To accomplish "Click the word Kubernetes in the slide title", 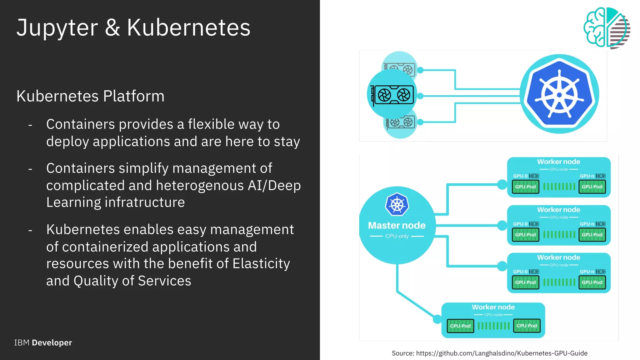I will (188, 27).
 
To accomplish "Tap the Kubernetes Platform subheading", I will (90, 96).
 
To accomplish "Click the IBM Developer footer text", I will (43, 342).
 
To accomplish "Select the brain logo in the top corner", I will (606, 28).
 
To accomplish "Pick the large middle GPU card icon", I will (393, 95).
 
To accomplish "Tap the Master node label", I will (397, 225).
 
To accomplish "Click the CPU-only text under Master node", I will (397, 236).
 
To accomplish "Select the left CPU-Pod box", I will (460, 326).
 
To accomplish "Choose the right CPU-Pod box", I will (527, 326).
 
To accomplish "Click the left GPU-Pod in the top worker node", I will (525, 187).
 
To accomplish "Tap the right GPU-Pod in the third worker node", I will (592, 282).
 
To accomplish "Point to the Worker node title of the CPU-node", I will (493, 307).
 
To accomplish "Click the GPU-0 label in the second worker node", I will (520, 224).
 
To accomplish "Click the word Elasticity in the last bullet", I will (261, 263).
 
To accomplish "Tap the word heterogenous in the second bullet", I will (200, 186).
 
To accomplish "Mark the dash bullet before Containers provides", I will (30, 125).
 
